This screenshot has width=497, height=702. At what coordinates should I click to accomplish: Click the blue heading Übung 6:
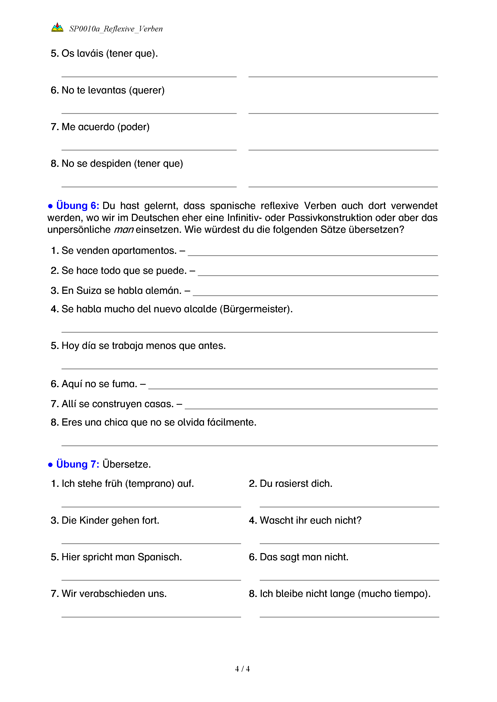[x=77, y=205]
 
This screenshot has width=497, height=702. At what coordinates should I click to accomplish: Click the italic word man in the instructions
[x=124, y=230]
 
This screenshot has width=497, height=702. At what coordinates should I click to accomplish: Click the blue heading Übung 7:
[x=77, y=464]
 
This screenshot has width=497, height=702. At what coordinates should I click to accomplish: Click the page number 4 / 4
[x=242, y=669]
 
